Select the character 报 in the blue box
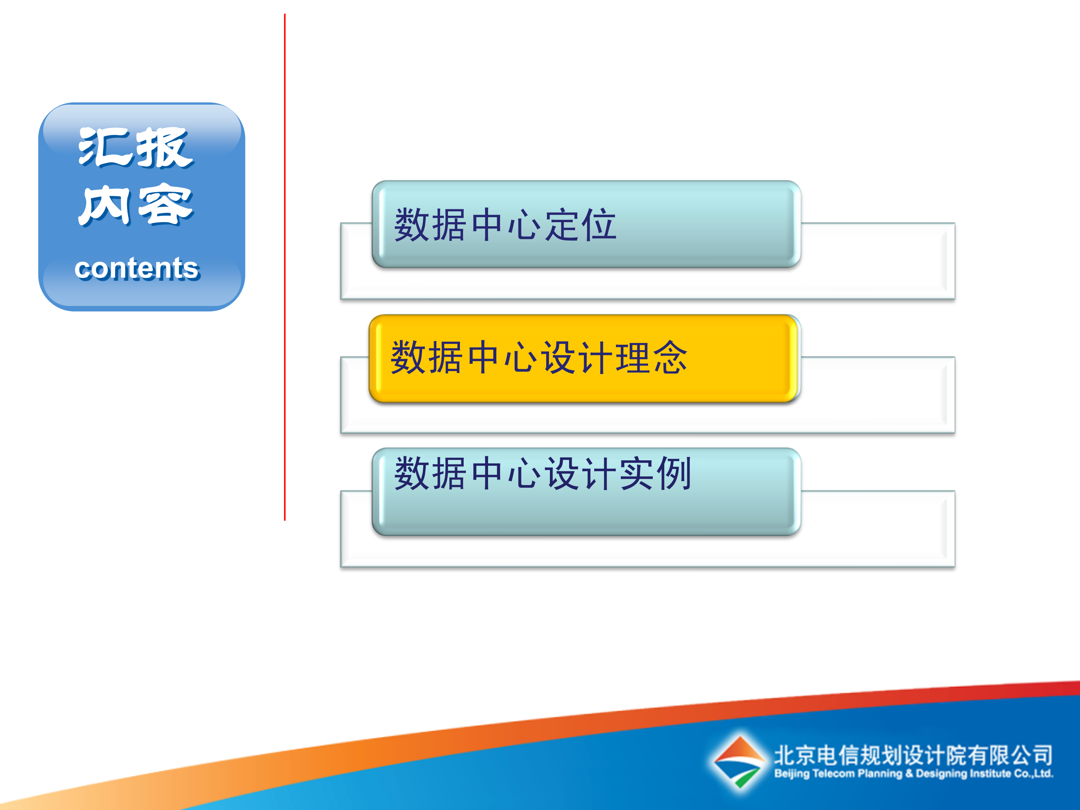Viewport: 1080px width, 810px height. coord(164,148)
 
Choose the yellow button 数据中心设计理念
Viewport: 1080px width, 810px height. coord(583,358)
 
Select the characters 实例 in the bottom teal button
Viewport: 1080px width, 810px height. coord(655,473)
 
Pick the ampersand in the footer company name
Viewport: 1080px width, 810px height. coord(909,774)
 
